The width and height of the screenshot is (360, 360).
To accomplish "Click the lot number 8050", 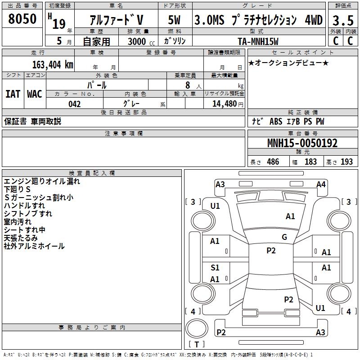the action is (x=22, y=19).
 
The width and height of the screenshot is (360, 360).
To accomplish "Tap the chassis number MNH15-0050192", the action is (x=302, y=144).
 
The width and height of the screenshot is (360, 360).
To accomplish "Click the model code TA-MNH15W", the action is (x=258, y=41).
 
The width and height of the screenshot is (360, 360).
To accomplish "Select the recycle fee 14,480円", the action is (x=224, y=103).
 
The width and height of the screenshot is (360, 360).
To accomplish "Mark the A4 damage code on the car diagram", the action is (x=321, y=184).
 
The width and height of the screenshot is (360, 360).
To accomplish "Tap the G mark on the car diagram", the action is (x=284, y=237).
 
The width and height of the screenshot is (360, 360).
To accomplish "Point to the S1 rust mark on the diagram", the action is (x=215, y=268).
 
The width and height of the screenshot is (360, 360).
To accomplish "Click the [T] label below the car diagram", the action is (x=197, y=344).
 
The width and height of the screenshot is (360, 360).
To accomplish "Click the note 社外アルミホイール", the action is (x=34, y=246).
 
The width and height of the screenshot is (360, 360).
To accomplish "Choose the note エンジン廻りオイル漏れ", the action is (x=42, y=181).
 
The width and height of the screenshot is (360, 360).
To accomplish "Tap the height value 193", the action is (x=346, y=162).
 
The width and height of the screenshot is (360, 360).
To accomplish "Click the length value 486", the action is (x=272, y=162).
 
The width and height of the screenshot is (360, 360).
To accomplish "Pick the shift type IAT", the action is (x=13, y=94).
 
